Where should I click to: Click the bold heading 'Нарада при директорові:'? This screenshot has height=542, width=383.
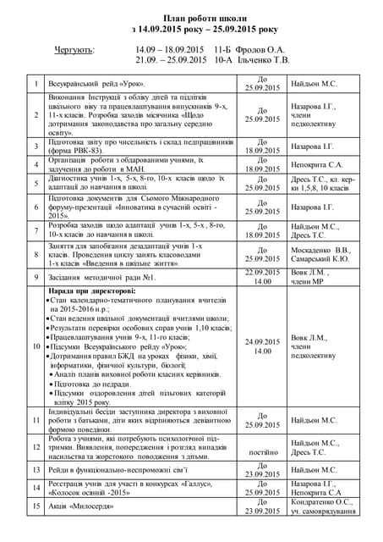click(92, 291)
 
